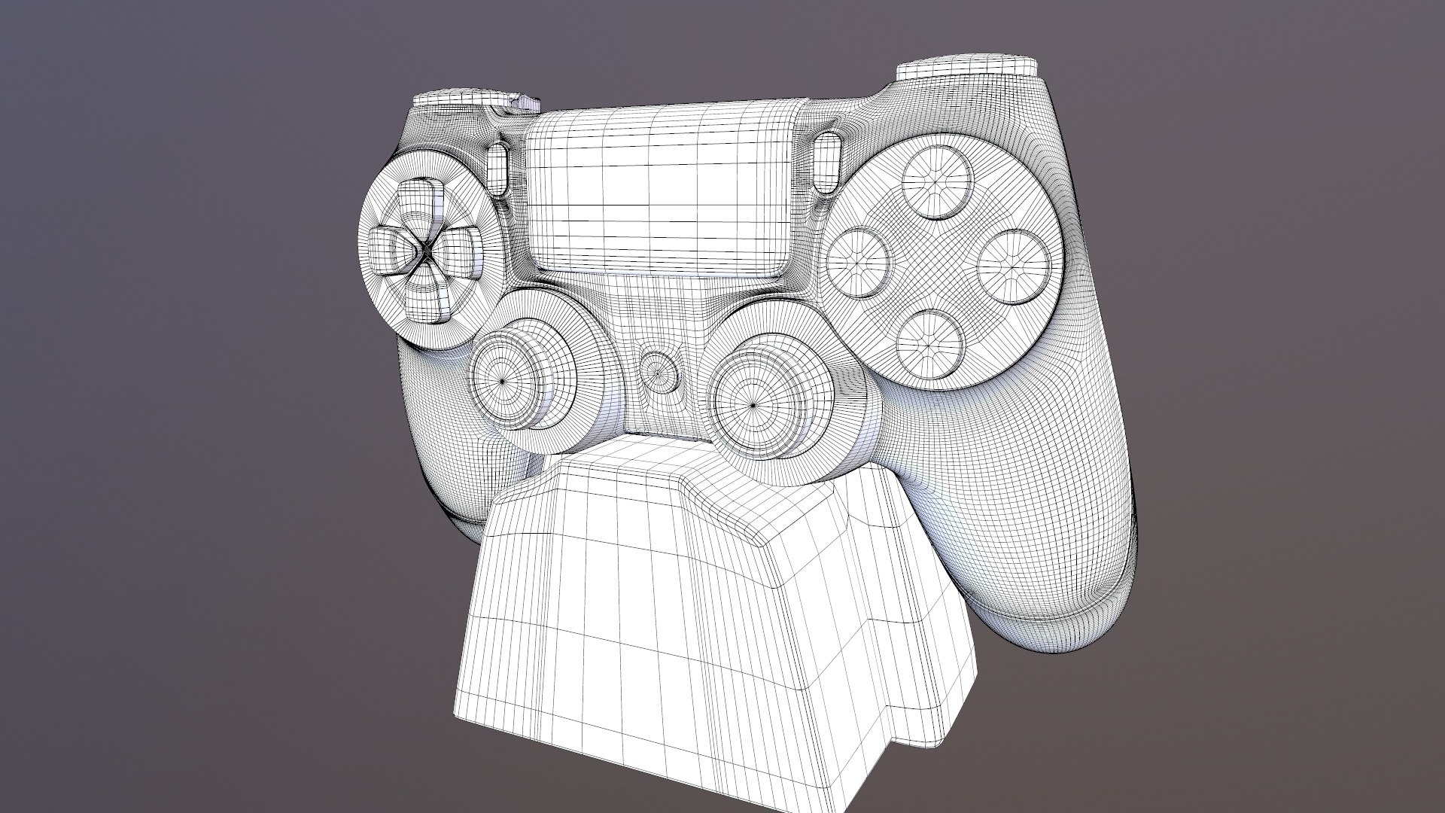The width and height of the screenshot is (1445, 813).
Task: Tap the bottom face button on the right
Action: (930, 344)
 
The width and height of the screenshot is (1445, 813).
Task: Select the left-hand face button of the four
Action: (859, 263)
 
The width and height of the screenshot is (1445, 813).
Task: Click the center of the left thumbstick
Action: (503, 381)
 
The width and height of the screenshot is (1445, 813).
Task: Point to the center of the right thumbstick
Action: (753, 405)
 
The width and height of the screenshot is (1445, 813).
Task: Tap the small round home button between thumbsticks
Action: (656, 370)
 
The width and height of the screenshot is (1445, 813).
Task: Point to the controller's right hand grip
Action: (1054, 527)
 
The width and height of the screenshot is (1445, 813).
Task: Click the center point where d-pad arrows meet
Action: (424, 250)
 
